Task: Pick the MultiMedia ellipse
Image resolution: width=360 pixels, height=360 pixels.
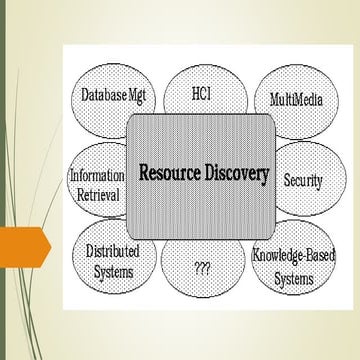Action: pyautogui.click(x=295, y=101)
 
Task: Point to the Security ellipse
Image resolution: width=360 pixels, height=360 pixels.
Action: pyautogui.click(x=303, y=180)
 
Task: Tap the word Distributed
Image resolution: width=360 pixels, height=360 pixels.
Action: pyautogui.click(x=111, y=249)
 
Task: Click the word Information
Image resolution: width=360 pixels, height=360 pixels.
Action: pyautogui.click(x=97, y=175)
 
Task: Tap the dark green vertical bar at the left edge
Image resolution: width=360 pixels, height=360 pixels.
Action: pyautogui.click(x=4, y=180)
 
